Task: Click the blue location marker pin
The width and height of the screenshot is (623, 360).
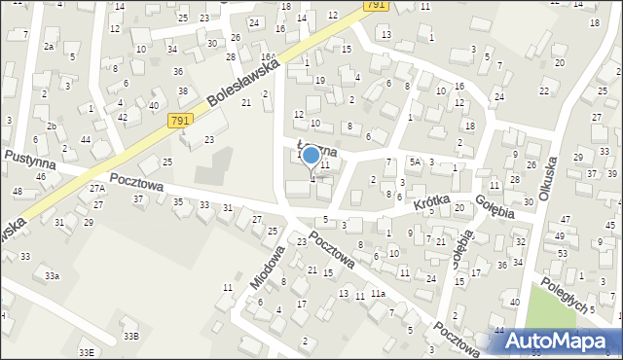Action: (311, 155)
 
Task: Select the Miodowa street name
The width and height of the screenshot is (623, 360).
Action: (267, 266)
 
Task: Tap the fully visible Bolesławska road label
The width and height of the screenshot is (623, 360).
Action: (243, 84)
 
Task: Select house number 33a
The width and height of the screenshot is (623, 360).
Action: (52, 276)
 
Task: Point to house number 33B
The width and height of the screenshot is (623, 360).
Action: (130, 336)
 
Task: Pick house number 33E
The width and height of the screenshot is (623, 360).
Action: (87, 352)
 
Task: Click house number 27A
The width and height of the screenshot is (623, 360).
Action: (96, 188)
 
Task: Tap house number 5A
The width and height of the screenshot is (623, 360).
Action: (414, 162)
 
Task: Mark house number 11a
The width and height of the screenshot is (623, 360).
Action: (378, 294)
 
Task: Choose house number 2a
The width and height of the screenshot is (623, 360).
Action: (48, 46)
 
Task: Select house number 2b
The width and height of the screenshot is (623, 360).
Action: (52, 126)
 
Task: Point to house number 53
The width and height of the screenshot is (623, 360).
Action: (562, 253)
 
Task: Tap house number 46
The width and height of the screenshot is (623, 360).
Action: (41, 176)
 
